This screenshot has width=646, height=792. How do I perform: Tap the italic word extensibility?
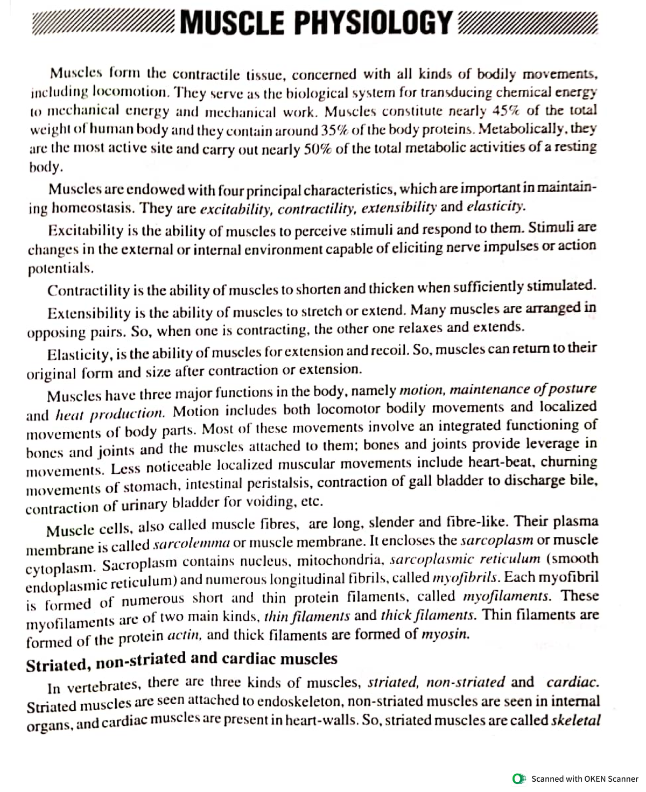(399, 208)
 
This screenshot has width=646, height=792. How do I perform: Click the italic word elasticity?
(495, 207)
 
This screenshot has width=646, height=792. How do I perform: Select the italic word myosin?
(445, 634)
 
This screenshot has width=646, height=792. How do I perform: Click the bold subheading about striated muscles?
(182, 661)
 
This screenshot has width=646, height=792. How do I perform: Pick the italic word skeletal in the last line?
(575, 720)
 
